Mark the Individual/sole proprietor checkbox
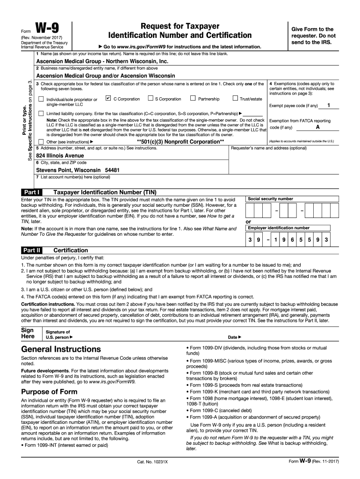tap(41, 99)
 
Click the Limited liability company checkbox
tap(41, 114)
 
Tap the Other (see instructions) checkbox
tap(41, 142)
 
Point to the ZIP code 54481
tap(112, 170)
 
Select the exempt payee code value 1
tap(329, 105)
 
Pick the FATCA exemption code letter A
tap(318, 127)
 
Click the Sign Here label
tap(28, 333)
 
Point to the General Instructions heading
tap(61, 349)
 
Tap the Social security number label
tap(270, 199)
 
